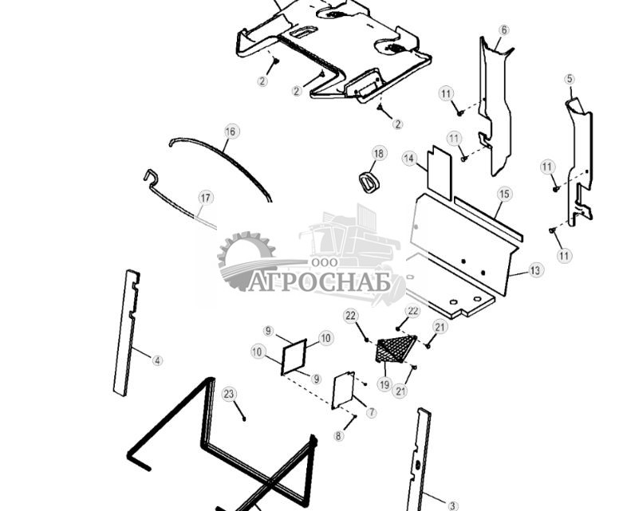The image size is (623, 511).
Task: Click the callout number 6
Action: pos(504,30)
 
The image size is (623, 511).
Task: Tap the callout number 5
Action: pos(570,79)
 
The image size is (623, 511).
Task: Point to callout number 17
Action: pos(206,198)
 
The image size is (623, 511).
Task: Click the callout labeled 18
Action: pos(379,153)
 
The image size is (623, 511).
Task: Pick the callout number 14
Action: pos(408,159)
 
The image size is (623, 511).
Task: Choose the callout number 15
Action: pos(504,195)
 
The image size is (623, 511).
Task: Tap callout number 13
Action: pos(535,270)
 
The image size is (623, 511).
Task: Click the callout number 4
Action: pos(158,361)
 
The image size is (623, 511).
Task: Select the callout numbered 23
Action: pos(229,395)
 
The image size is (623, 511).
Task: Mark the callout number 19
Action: pos(384,384)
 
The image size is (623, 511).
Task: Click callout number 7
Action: pos(372,412)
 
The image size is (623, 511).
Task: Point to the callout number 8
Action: pos(338,436)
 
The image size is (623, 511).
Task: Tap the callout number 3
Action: pos(452,506)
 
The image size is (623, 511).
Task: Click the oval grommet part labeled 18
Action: pos(369,183)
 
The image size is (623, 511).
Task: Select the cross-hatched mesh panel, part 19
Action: pos(396,348)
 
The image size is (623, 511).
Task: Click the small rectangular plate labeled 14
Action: pos(439,173)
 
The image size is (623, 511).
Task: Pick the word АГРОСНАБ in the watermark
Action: pos(318,282)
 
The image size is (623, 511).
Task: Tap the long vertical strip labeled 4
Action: pos(126,332)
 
